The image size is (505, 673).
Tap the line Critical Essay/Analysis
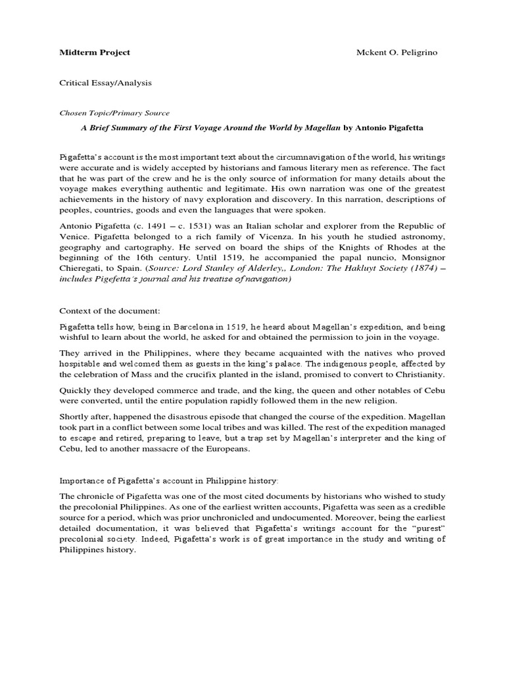105,83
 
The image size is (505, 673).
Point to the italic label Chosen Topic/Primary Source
114,112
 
